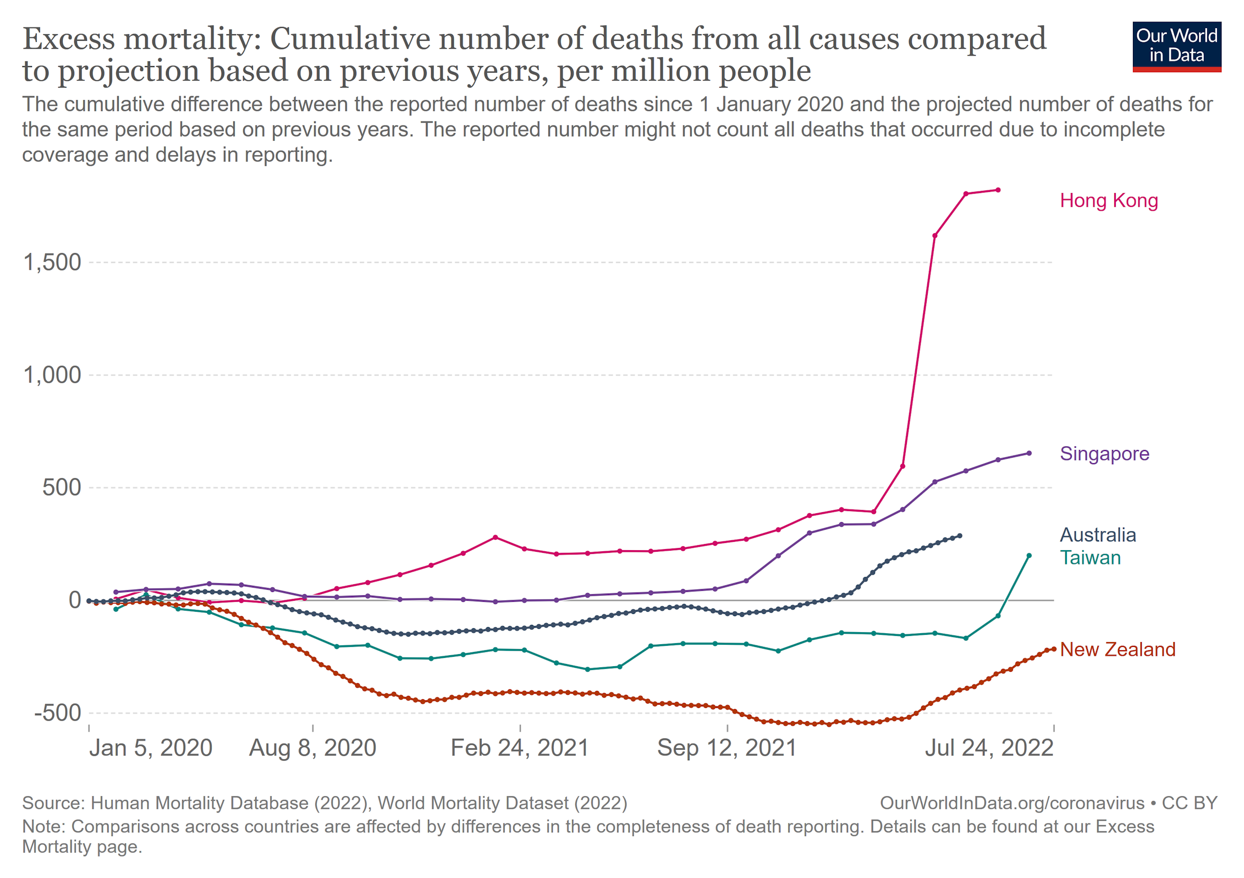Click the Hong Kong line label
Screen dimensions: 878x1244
[1108, 201]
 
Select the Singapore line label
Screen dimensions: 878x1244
[1104, 454]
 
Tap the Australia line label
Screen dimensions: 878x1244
[1098, 535]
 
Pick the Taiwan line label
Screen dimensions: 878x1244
[1090, 558]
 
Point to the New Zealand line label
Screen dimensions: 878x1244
[1117, 650]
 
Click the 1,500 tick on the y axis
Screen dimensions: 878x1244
[52, 262]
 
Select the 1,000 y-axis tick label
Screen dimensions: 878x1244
[52, 375]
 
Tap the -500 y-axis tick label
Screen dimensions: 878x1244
[58, 713]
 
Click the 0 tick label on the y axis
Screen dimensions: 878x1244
[75, 600]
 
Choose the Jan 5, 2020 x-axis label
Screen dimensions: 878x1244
[151, 748]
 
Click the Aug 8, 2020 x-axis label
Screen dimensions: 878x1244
[312, 748]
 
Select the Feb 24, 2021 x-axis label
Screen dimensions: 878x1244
[520, 748]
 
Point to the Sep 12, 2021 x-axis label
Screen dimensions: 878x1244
[726, 748]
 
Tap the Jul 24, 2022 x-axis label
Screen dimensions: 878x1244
[989, 748]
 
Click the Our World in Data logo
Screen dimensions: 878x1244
[1176, 47]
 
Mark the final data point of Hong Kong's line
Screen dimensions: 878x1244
[998, 190]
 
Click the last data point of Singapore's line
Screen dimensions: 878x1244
[1029, 453]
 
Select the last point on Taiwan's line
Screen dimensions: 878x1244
[1029, 556]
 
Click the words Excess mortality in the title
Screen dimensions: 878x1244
[141, 39]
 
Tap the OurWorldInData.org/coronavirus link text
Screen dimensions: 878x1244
[1012, 803]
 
